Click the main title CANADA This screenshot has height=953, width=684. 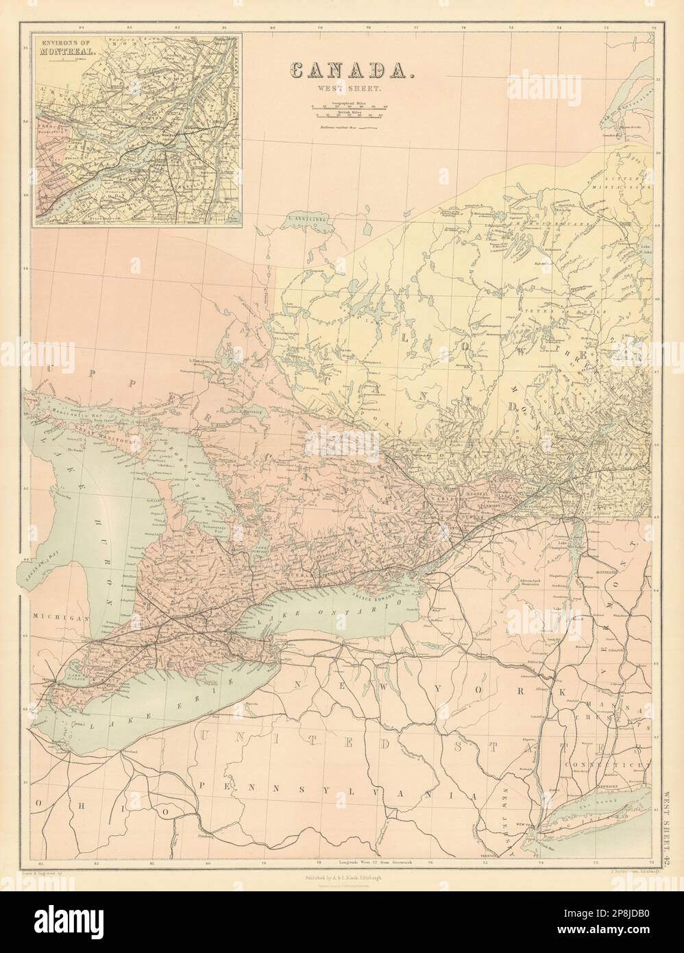tap(347, 70)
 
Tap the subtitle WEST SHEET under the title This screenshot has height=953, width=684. tap(347, 89)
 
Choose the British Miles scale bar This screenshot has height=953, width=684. tap(347, 114)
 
